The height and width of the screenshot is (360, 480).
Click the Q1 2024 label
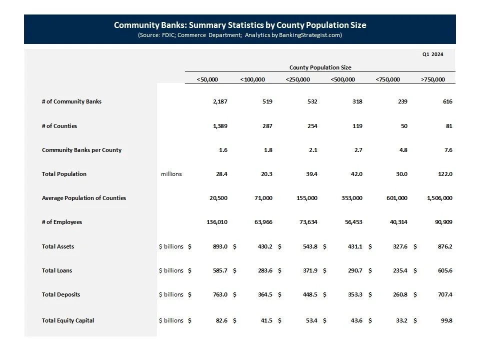432,54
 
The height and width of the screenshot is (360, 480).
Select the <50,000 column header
207,79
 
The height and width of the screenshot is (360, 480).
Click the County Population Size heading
320,67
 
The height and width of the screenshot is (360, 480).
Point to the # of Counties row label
59,126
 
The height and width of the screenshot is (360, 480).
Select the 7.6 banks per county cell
447,150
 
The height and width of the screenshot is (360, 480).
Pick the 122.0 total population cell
444,174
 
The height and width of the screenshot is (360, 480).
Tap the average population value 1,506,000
440,198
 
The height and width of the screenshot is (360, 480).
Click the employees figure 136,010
217,222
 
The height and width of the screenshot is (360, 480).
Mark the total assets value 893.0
220,246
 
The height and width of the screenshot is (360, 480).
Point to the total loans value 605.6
444,270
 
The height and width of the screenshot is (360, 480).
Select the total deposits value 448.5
309,294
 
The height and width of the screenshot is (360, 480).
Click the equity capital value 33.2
401,320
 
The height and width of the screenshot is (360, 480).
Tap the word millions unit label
171,174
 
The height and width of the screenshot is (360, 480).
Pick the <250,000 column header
297,79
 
